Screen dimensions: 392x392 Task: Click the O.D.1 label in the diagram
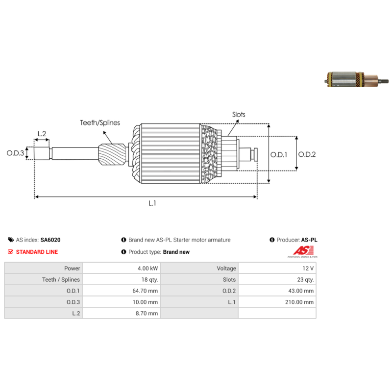(279, 155)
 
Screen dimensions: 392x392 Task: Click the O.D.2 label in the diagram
(307, 154)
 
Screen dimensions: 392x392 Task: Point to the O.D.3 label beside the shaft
(15, 153)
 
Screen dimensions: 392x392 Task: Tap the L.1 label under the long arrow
(152, 203)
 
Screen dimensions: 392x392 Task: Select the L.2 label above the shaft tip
(42, 134)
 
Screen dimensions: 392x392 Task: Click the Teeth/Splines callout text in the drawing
(100, 123)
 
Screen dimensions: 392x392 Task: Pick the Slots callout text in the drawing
(239, 115)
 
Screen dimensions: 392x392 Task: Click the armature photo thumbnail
(357, 79)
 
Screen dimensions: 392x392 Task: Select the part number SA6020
(50, 240)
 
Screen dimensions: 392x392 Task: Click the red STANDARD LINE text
(37, 252)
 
